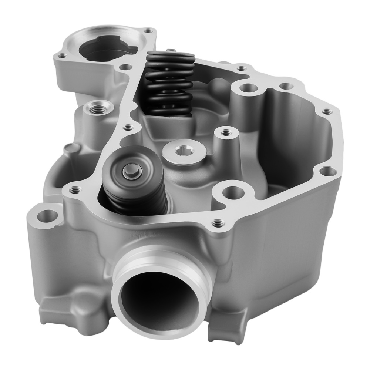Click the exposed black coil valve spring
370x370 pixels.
pos(170,83)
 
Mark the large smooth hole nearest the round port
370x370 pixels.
pos(230,192)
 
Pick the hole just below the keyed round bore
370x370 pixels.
pos(126,67)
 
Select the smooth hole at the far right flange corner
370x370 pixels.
pos(327,171)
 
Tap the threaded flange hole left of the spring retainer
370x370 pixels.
pos(75,189)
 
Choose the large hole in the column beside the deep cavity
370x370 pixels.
pos(248,88)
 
